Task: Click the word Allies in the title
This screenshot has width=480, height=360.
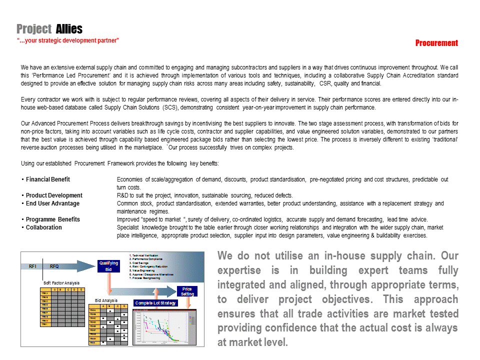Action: (x=69, y=29)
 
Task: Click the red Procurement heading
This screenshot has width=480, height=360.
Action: (x=436, y=43)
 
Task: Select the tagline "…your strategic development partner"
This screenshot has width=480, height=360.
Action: (x=67, y=40)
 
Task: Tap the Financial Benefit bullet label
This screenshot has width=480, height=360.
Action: (x=48, y=179)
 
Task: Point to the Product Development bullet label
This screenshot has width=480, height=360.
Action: (x=54, y=195)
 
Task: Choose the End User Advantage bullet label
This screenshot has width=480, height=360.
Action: (x=52, y=203)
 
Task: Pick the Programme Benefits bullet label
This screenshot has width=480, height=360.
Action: (x=52, y=219)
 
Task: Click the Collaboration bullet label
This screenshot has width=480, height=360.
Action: (x=44, y=227)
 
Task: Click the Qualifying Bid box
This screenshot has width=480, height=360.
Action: (x=108, y=266)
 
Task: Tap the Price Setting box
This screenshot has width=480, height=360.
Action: (x=187, y=291)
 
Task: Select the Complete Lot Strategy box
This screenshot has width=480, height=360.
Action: (x=155, y=303)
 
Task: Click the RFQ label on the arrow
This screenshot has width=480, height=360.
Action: (x=54, y=266)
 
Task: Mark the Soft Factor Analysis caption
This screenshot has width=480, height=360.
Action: (x=61, y=283)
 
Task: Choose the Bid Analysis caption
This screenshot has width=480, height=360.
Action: (x=106, y=300)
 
